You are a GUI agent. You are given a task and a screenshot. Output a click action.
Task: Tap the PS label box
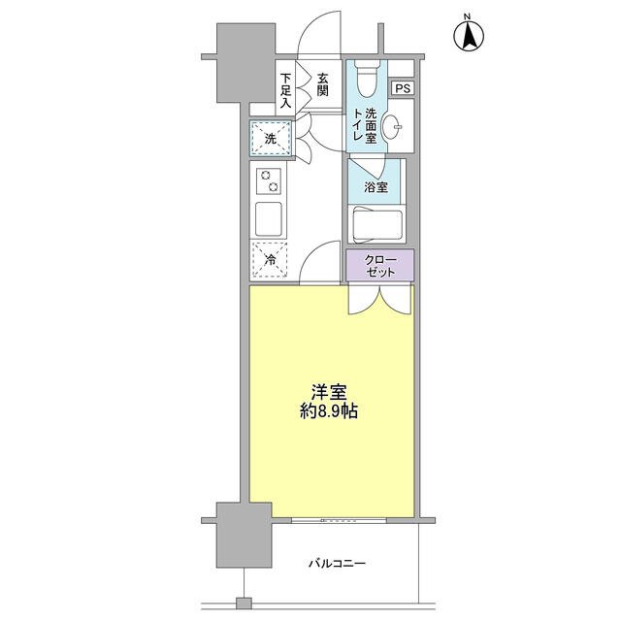click(403, 88)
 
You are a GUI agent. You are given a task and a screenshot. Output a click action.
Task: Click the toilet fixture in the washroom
click(366, 79)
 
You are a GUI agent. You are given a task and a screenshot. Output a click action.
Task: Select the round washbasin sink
click(392, 127)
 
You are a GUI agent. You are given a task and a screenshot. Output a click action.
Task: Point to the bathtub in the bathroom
click(377, 225)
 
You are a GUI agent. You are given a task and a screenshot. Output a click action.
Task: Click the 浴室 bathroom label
click(376, 187)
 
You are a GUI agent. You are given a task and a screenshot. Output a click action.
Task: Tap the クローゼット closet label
click(380, 266)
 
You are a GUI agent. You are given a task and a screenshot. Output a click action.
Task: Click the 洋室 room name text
click(329, 392)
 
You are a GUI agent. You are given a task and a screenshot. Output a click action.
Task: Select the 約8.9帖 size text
click(329, 411)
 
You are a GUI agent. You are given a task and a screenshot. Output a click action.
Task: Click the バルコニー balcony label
click(337, 563)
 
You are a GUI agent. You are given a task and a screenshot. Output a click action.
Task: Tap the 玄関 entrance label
click(323, 84)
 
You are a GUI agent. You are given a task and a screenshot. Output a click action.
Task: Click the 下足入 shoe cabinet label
click(285, 90)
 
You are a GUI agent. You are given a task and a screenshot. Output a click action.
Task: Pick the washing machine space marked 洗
click(271, 139)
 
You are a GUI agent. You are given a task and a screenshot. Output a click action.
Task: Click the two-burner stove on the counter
click(269, 181)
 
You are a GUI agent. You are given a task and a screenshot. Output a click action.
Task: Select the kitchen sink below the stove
click(269, 219)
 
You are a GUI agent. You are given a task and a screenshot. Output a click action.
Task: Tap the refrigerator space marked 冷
click(270, 260)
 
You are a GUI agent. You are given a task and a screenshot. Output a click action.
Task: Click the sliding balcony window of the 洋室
click(339, 520)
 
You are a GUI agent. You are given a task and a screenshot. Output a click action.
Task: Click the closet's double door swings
click(379, 300)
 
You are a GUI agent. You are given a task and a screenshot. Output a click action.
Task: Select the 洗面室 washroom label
click(371, 126)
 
